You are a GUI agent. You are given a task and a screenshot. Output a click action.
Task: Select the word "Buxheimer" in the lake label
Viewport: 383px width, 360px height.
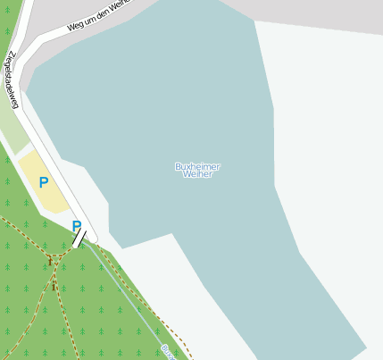[x=197, y=166]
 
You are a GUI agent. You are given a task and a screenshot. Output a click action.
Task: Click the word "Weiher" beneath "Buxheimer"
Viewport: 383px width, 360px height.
[x=197, y=174]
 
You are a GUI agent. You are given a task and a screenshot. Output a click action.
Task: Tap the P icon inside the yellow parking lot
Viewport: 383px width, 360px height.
[x=43, y=182]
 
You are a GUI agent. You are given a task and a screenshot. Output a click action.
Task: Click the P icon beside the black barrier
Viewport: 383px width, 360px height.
[x=77, y=226]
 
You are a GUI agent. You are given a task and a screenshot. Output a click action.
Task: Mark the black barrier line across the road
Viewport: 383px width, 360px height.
[x=79, y=238]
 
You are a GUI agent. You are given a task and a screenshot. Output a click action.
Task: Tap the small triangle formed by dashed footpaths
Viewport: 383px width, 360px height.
[x=56, y=260]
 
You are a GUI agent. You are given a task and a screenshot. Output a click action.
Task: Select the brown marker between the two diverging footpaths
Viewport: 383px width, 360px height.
[x=54, y=286]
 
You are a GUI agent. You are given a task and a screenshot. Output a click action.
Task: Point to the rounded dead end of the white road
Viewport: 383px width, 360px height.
[x=88, y=237]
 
